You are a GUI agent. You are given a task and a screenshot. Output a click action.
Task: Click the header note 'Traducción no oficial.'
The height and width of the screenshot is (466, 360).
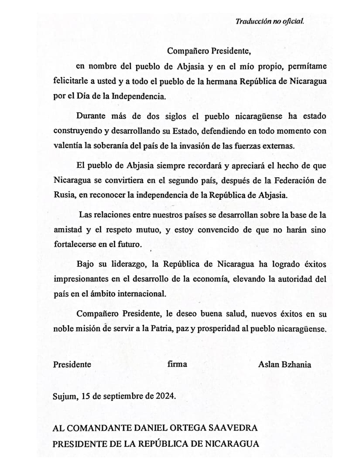(x=270, y=21)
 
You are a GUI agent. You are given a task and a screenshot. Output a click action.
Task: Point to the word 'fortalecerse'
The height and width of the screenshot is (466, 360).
(x=74, y=244)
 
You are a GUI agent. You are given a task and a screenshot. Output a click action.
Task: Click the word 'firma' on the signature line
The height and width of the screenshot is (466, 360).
(x=177, y=364)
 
